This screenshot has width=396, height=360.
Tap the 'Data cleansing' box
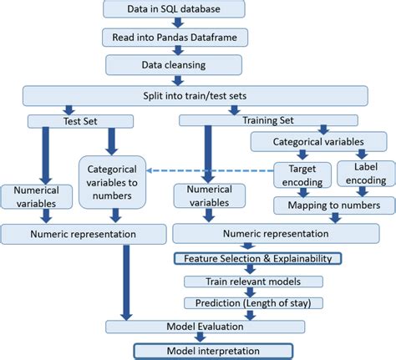coord(174,64)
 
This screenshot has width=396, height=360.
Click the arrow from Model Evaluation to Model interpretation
coord(198,338)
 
